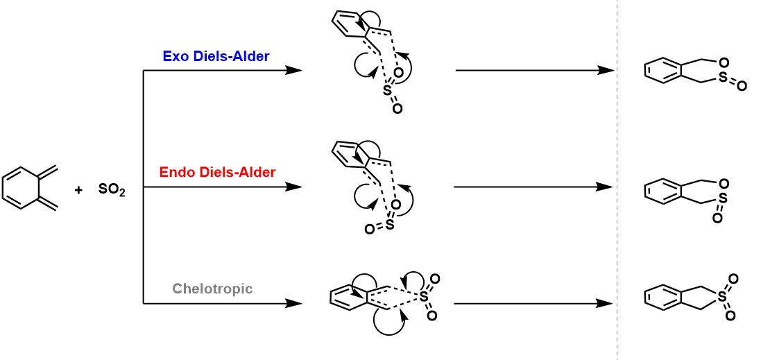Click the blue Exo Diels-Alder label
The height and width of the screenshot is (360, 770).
click(x=216, y=56)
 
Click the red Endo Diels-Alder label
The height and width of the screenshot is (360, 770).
click(x=217, y=172)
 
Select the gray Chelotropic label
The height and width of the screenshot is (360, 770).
click(x=213, y=289)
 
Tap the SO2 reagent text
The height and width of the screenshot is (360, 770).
click(x=112, y=189)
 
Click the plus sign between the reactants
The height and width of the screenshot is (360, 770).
click(x=78, y=189)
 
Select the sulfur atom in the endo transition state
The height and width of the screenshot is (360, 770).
click(x=390, y=225)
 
